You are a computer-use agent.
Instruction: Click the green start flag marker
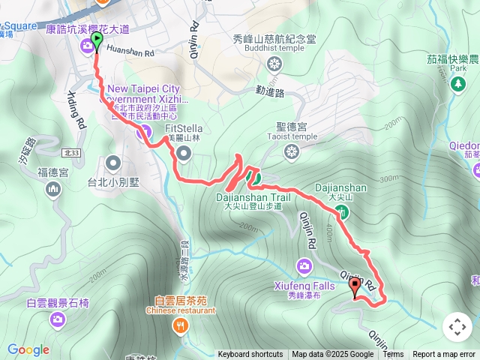(97, 40)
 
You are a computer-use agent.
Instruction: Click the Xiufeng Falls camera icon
(304, 265)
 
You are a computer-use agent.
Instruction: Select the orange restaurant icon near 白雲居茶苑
(180, 325)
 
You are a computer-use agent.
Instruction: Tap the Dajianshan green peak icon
(342, 212)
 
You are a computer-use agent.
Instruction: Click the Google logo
(28, 350)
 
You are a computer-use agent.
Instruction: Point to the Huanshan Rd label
(130, 54)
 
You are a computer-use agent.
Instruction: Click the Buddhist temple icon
(275, 63)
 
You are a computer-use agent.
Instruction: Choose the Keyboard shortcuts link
(250, 355)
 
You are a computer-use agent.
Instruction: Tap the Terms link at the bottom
(393, 355)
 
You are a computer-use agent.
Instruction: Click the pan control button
(457, 327)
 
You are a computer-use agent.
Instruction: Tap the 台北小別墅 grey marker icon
(113, 161)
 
